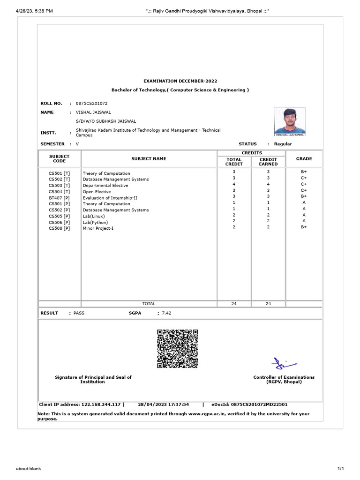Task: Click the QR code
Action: [177, 349]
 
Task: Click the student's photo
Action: [290, 122]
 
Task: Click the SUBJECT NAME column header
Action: [149, 159]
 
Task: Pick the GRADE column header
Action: [304, 159]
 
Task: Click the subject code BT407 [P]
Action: [60, 198]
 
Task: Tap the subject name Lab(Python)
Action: [95, 222]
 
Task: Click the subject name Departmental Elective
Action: [105, 186]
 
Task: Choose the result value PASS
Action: [79, 313]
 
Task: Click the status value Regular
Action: [283, 144]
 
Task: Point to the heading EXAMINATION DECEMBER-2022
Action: [180, 81]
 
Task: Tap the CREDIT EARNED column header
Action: [268, 162]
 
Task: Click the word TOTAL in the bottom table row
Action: [149, 304]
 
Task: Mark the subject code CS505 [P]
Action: [60, 216]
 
